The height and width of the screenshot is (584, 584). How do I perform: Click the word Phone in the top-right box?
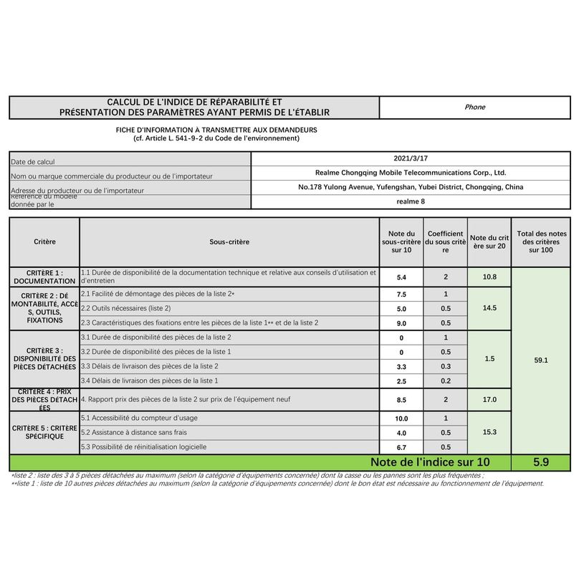[x=474, y=107]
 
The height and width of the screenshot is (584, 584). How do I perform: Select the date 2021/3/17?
[x=411, y=158]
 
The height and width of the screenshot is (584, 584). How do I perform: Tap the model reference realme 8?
[x=411, y=201]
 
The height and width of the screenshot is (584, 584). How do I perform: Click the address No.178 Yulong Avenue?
[x=411, y=187]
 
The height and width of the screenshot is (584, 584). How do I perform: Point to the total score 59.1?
[x=541, y=360]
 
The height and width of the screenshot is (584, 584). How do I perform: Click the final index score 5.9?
[x=541, y=463]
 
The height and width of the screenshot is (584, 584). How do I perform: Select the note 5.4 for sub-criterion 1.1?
[x=401, y=277]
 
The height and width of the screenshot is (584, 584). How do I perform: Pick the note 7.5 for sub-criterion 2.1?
[x=401, y=295]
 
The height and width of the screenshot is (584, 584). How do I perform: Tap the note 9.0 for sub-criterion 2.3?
[x=401, y=323]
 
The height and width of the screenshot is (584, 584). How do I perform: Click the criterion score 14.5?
[x=489, y=307]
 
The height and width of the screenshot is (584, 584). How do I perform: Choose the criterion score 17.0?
[x=489, y=400]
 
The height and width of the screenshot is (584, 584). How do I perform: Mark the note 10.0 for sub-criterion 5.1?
[x=401, y=418]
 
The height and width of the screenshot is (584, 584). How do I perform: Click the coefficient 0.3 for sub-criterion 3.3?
[x=445, y=366]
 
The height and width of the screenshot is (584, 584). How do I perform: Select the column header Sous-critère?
[x=229, y=242]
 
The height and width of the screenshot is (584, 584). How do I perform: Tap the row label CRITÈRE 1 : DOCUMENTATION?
[x=44, y=277]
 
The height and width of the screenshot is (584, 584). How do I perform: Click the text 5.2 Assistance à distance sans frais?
[x=133, y=432]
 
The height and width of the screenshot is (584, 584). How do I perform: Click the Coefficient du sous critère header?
[x=445, y=242]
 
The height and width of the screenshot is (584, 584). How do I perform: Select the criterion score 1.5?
[x=489, y=358]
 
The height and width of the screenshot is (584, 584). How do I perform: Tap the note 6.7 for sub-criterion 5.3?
[x=401, y=447]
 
